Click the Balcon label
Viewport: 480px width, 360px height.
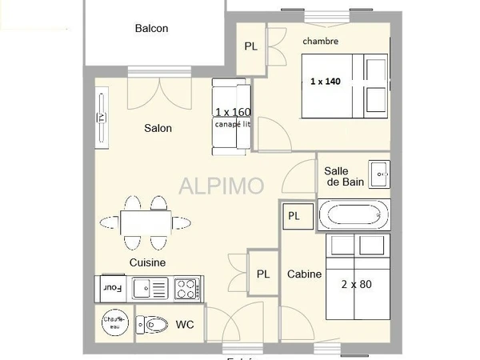151,29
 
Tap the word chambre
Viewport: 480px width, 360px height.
320,41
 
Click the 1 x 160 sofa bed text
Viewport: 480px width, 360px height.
233,112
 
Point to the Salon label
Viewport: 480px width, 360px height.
158,128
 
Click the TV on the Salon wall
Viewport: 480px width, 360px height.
102,118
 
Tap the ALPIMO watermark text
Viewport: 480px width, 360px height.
221,186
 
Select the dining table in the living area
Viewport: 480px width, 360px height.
146,222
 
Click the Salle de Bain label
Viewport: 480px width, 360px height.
344,176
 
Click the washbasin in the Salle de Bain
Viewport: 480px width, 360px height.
379,174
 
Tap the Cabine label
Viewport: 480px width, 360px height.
304,274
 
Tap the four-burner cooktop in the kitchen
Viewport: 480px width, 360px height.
187,287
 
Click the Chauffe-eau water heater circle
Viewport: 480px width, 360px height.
114,322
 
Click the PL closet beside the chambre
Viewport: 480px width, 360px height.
251,46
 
